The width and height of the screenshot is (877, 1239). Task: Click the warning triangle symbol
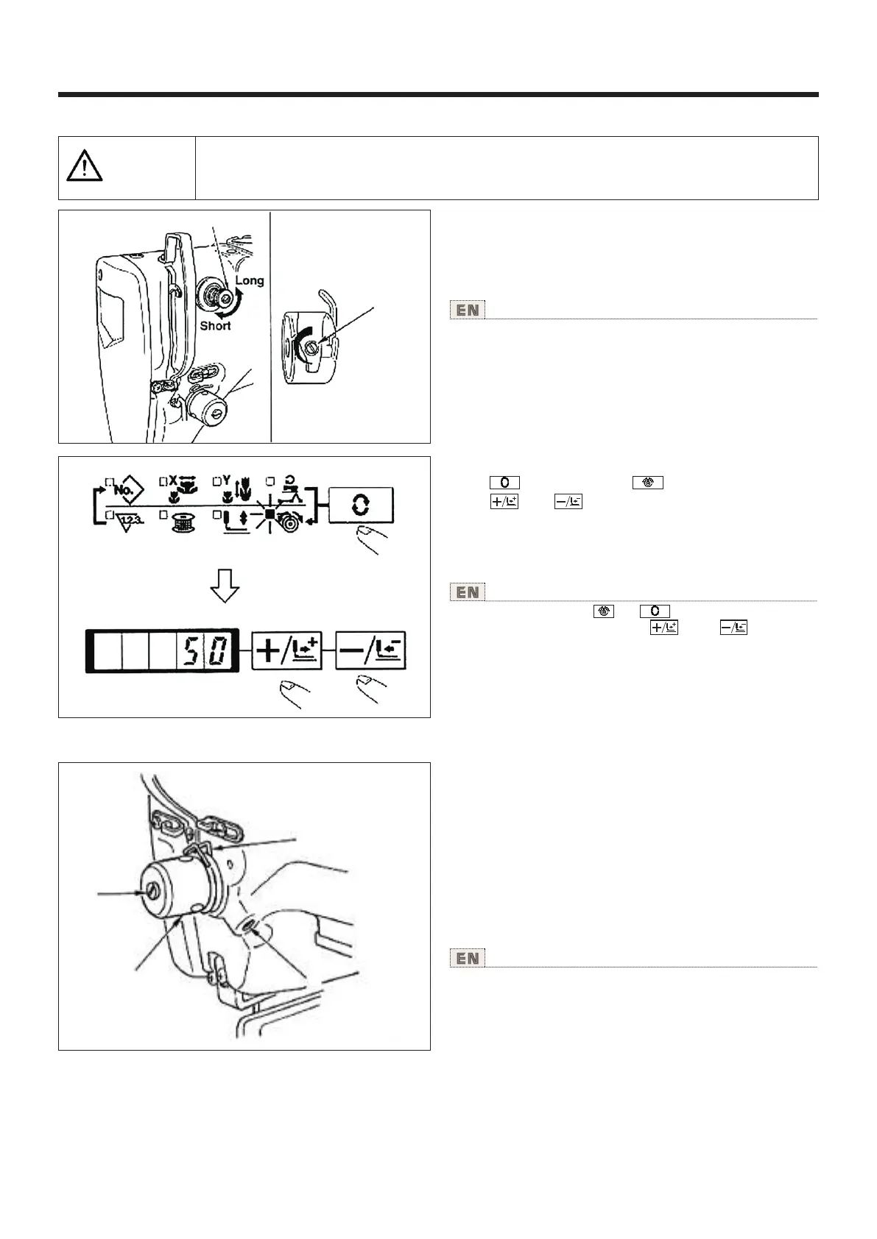tap(85, 167)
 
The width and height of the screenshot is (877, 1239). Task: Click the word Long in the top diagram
tap(250, 280)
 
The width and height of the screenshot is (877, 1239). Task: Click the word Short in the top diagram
tap(215, 325)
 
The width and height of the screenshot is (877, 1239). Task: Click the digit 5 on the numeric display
tap(186, 651)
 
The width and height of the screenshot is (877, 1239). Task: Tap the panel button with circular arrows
tap(362, 508)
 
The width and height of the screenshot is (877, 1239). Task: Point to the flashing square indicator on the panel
tap(270, 514)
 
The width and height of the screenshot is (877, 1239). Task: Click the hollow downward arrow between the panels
tap(225, 586)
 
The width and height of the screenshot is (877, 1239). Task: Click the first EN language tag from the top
tap(468, 310)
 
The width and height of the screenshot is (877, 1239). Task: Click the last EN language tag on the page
tap(468, 958)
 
